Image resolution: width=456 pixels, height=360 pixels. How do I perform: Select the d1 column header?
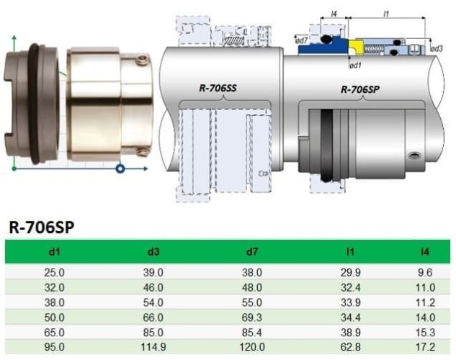coord(55,252)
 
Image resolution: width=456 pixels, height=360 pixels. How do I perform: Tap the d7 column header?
coord(251,252)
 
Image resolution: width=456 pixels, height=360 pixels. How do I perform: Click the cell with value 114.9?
coord(153,347)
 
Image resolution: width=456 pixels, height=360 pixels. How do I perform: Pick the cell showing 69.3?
coord(251,317)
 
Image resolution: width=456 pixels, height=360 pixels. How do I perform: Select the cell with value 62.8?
coord(349,347)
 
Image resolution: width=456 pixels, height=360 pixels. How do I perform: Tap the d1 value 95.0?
coord(55,347)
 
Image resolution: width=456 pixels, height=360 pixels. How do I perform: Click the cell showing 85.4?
coord(251,332)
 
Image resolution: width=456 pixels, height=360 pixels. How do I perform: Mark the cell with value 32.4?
coord(349,287)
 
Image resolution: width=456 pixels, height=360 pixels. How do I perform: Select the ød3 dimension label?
coord(436,48)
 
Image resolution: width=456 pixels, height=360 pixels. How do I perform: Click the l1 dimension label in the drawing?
coord(387,14)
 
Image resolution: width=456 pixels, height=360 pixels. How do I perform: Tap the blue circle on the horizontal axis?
coord(121,170)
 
